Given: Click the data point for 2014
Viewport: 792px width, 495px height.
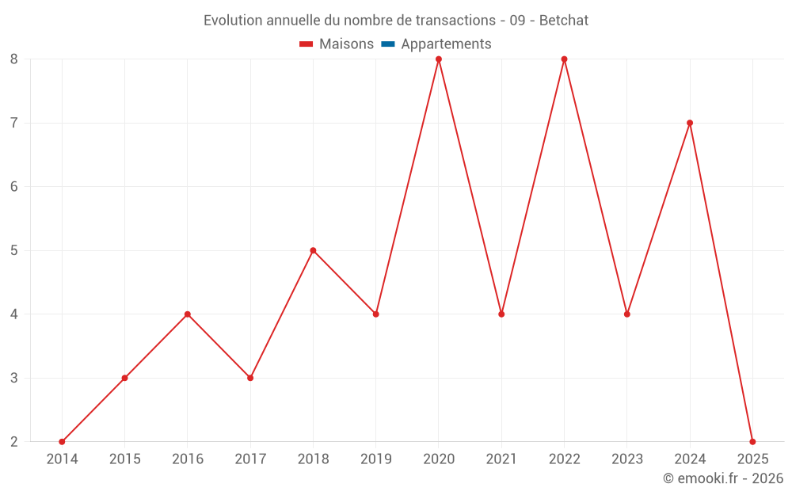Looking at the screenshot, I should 62,442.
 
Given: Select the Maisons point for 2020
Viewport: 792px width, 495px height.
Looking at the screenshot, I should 439,59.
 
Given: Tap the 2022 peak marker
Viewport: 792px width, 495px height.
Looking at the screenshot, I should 564,59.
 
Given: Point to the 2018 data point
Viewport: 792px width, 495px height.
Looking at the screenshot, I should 313,250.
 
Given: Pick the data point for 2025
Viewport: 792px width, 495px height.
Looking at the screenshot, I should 752,442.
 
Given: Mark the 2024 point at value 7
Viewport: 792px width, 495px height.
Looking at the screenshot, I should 690,123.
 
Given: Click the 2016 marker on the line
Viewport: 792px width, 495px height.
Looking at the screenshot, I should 188,314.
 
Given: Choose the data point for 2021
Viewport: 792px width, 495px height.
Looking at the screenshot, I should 501,314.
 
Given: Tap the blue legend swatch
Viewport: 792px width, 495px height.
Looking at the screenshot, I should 388,44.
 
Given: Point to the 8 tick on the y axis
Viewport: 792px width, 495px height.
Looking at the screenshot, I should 14,59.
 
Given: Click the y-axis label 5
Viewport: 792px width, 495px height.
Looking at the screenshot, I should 14,250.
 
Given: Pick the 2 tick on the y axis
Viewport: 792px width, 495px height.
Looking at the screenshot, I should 14,442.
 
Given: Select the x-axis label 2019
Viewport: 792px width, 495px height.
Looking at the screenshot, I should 375,459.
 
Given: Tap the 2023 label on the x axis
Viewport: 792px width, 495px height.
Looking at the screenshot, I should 627,459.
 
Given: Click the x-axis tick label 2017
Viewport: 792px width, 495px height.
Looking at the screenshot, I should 250,459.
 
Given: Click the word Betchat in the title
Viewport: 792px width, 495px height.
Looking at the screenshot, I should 564,21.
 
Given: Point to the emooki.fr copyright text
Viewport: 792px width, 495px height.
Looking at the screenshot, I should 723,478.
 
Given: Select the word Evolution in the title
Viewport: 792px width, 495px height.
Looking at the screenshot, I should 232,21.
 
